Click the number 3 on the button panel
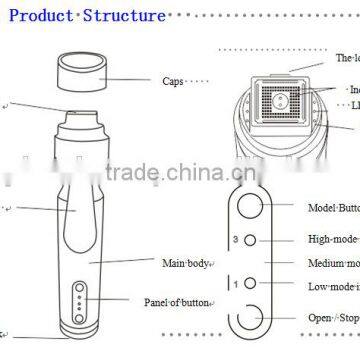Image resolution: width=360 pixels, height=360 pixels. (x=234, y=240)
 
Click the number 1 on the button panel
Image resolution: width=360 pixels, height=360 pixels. (x=234, y=285)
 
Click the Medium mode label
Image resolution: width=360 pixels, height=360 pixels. (x=335, y=263)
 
